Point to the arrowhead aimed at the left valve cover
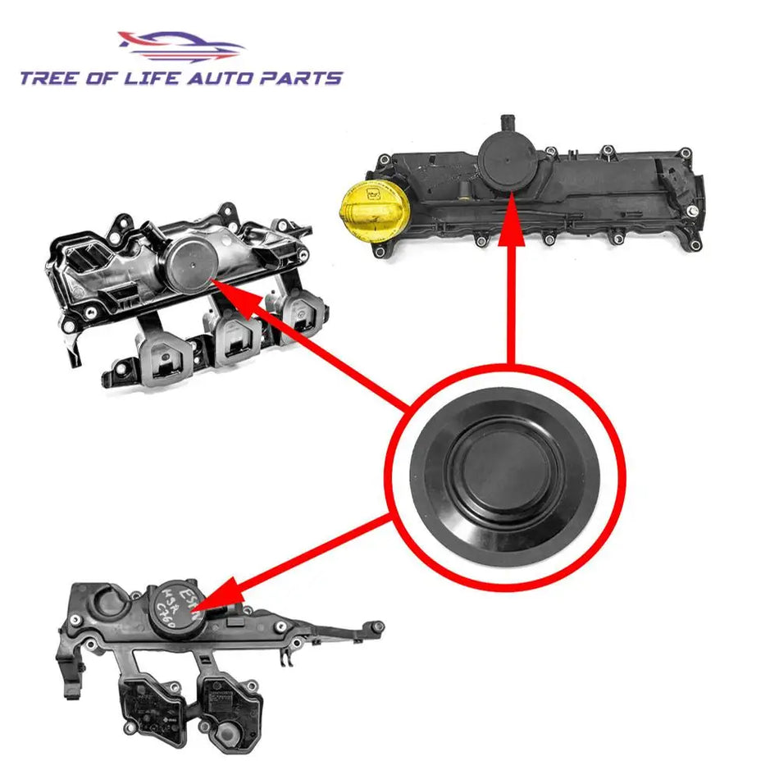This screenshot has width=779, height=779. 234,293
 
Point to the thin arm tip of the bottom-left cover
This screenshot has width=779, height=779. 377,627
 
